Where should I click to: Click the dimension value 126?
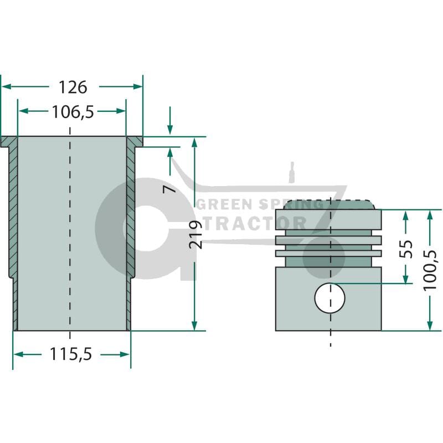pos(73,87)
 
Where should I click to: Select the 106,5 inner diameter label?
pos(73,112)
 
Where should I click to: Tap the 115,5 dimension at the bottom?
pos(71,354)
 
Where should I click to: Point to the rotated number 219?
pos(196,234)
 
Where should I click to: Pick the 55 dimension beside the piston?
pos(406,249)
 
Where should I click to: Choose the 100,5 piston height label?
pos(430,270)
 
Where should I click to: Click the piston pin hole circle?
pos(329,298)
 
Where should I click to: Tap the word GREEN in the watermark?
pos(224,204)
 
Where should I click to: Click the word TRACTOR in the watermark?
pos(255,224)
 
